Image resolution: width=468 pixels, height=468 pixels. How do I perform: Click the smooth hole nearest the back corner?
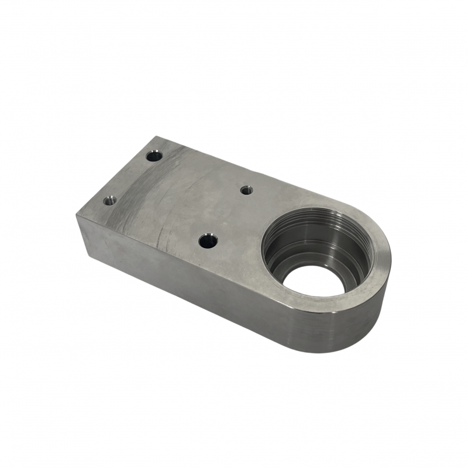coord(154,156)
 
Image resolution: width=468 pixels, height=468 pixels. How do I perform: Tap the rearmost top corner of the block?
coord(156,137)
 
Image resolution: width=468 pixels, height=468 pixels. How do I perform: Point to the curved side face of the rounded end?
coord(351,328)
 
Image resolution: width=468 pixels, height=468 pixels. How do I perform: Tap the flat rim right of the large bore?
coord(380,257)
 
